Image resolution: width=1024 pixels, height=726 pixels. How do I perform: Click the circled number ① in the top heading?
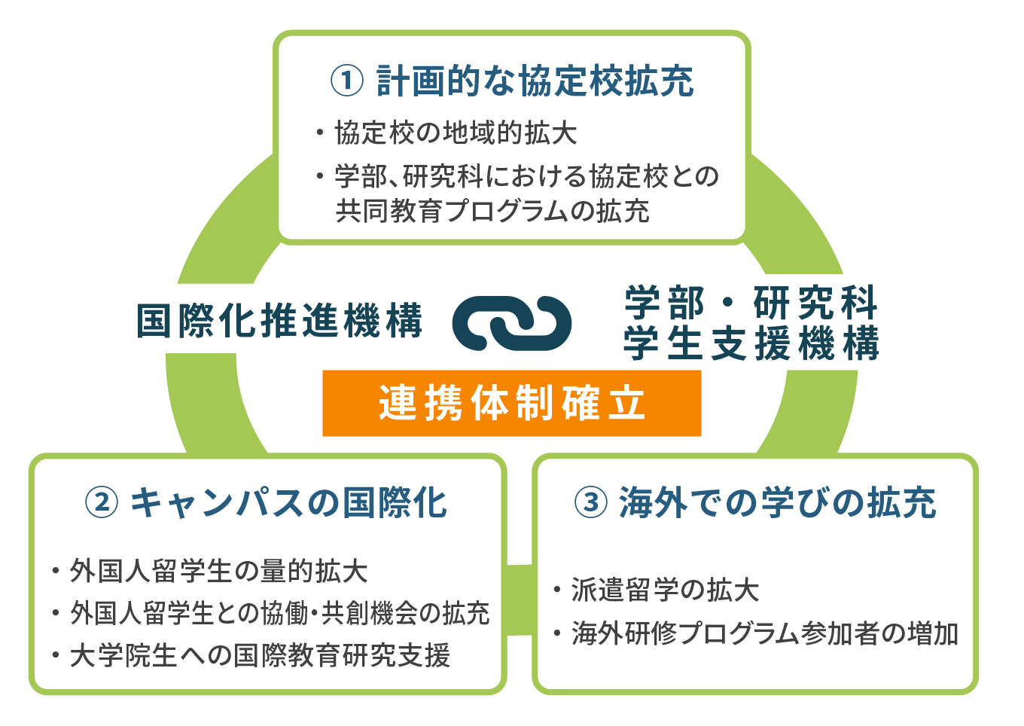coord(347,81)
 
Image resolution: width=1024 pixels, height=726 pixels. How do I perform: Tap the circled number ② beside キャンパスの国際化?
coord(102,502)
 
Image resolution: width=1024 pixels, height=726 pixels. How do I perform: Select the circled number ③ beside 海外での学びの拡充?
coord(591,502)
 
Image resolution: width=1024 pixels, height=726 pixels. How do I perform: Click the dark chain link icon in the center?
coord(512,323)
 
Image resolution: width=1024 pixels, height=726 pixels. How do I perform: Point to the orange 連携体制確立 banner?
coord(512,403)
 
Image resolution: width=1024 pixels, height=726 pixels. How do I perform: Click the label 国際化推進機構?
coord(279,321)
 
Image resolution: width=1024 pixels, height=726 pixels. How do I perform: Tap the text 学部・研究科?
coord(751,302)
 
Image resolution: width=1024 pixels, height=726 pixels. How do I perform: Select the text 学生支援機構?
coord(751,343)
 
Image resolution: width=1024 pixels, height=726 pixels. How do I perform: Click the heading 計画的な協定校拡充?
coord(535,81)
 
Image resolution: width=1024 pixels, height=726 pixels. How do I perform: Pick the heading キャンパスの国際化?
coord(288,503)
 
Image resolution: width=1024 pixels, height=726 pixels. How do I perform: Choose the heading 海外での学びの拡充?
coord(778,503)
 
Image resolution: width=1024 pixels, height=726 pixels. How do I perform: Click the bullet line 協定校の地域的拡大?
coord(446,133)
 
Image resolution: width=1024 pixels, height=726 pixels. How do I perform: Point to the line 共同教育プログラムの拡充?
coord(492,211)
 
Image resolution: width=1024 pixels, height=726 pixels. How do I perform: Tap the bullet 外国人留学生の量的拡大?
coord(210,571)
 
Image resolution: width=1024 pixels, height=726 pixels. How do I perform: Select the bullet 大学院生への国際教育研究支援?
coord(251,655)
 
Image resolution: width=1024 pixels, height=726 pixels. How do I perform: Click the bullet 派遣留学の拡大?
coord(657,590)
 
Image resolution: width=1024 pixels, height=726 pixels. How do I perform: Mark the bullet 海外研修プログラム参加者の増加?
coord(756,633)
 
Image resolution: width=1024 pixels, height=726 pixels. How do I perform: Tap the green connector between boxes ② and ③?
coord(520,599)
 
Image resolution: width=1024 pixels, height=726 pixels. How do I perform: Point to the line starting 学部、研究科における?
coord(517,176)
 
